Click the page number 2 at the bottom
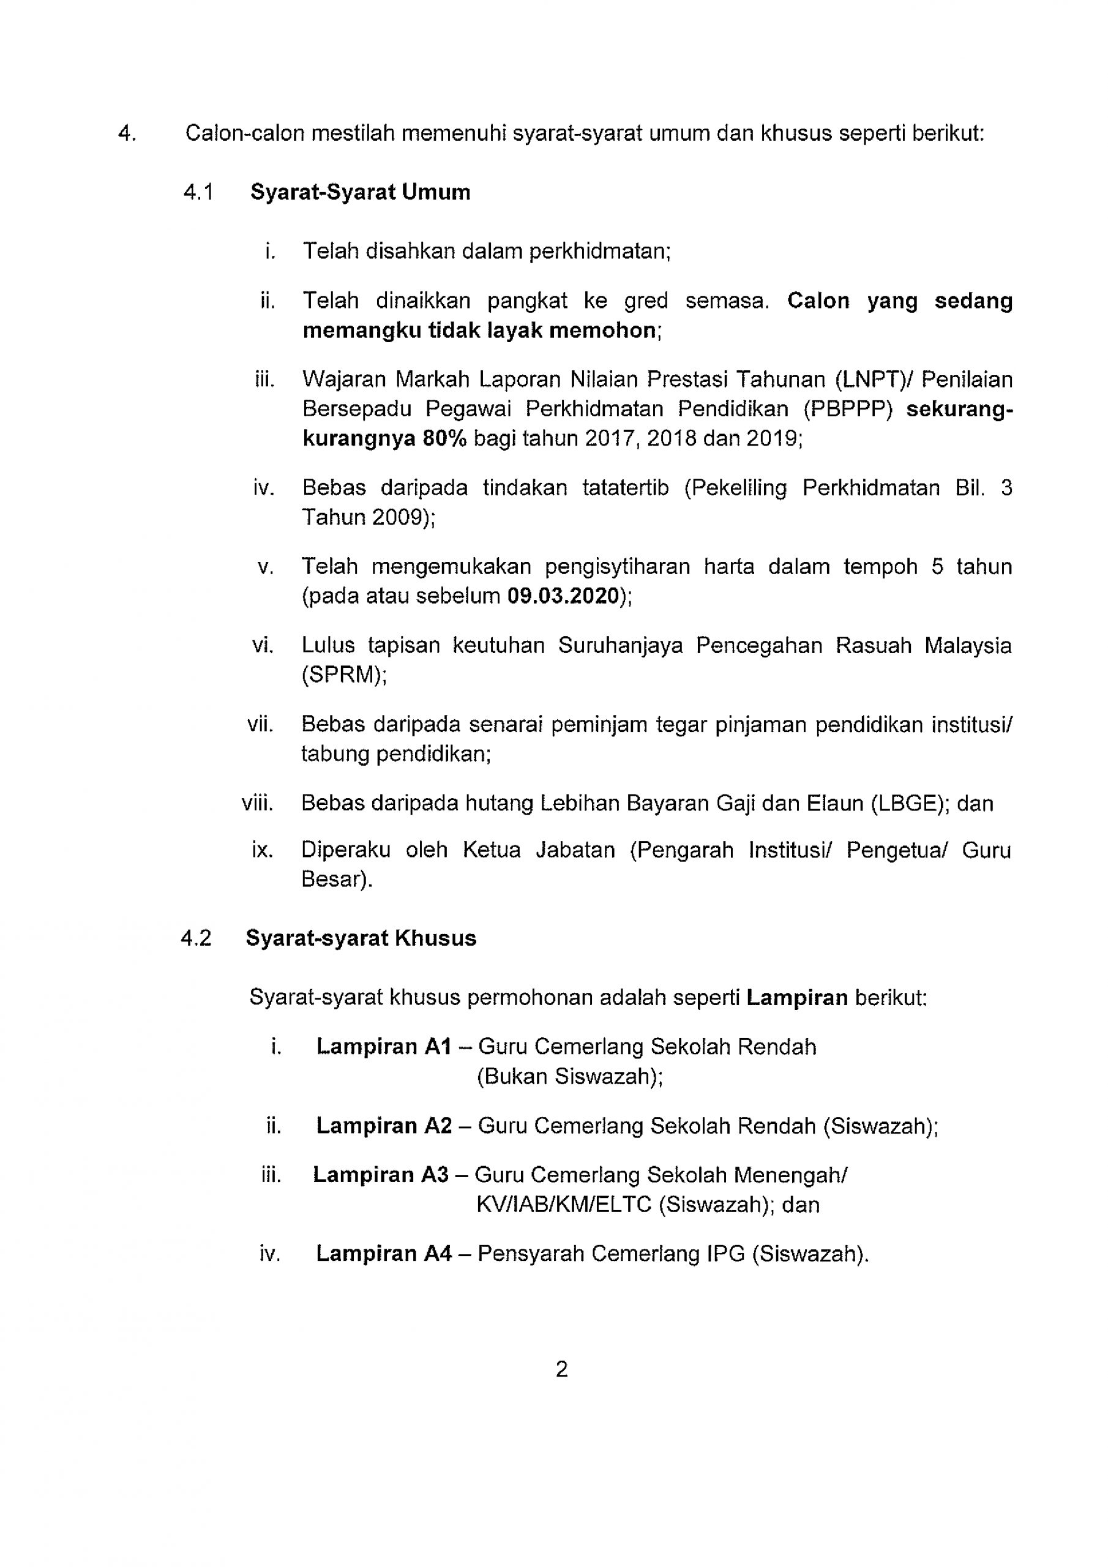pyautogui.click(x=561, y=1369)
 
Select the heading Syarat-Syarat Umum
pyautogui.click(x=361, y=192)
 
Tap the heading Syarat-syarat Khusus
pyautogui.click(x=361, y=938)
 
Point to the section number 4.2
pyautogui.click(x=196, y=938)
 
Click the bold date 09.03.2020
pyautogui.click(x=562, y=596)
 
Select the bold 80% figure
pyautogui.click(x=444, y=438)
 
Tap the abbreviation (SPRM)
pyautogui.click(x=343, y=675)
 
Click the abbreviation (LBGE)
pyautogui.click(x=910, y=802)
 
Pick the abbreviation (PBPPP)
pyautogui.click(x=848, y=409)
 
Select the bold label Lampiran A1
pyautogui.click(x=384, y=1046)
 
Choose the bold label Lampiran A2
pyautogui.click(x=384, y=1126)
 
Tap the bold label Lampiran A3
pyautogui.click(x=381, y=1175)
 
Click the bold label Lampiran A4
pyautogui.click(x=384, y=1254)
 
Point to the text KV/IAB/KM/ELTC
pyautogui.click(x=564, y=1205)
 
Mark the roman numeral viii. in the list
pyautogui.click(x=257, y=802)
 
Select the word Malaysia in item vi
pyautogui.click(x=967, y=645)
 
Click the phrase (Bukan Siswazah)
pyautogui.click(x=569, y=1076)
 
